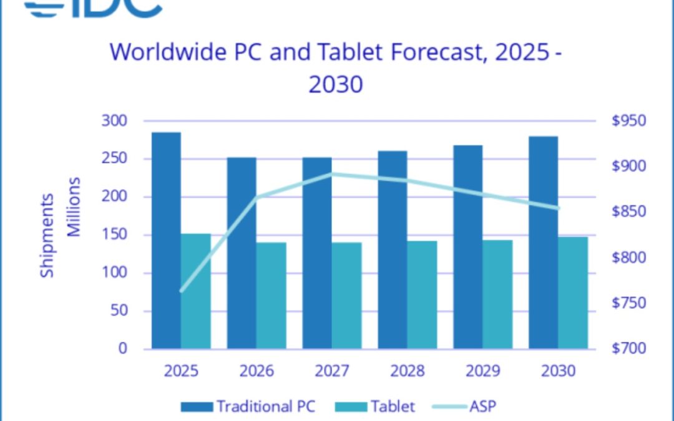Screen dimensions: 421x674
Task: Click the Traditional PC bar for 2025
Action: (166, 240)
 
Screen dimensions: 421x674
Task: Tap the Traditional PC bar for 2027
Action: (317, 253)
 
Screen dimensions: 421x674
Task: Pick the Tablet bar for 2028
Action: (422, 294)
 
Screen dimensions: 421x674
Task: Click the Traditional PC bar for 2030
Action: (543, 242)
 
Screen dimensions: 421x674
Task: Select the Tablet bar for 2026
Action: (271, 295)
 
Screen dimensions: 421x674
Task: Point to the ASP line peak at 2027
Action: (332, 173)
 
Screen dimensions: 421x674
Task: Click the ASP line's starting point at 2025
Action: (182, 291)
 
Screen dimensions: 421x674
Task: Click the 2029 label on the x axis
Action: (483, 371)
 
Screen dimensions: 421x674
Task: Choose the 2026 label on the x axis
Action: (256, 371)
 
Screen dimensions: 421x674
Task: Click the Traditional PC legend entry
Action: (248, 407)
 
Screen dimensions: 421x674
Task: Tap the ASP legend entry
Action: (464, 407)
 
